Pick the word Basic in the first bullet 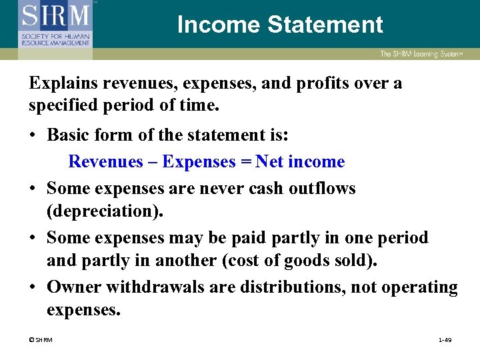[x=69, y=135]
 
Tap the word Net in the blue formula [x=269, y=162]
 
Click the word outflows [x=323, y=189]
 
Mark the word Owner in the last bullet [x=73, y=287]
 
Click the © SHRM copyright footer [x=41, y=341]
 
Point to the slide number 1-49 [x=445, y=341]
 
